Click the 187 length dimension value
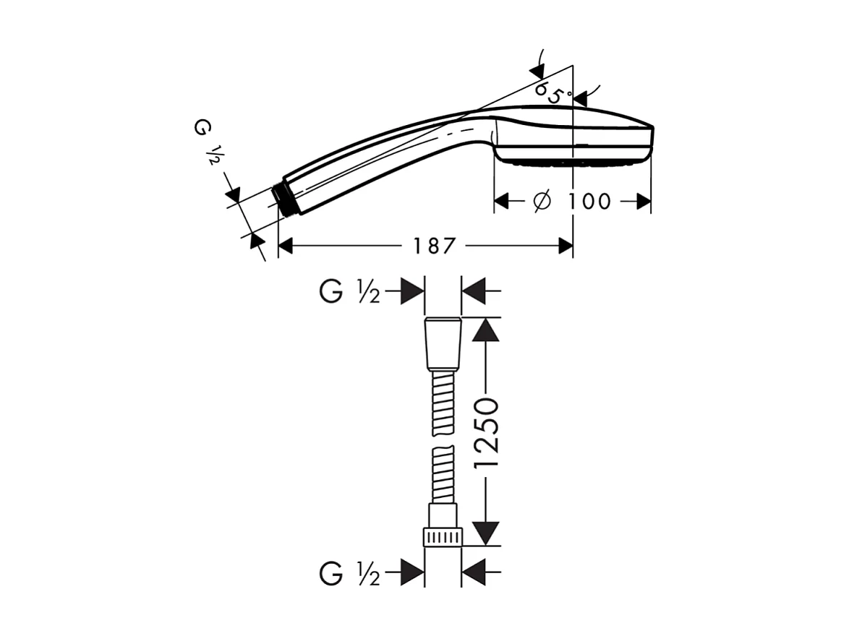435,246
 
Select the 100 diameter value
589,202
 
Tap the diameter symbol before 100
542,202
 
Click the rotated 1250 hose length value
487,432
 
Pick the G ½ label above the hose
349,293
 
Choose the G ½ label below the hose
349,575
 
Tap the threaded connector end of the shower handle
287,200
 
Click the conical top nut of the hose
443,343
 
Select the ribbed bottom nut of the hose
443,537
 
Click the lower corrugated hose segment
443,475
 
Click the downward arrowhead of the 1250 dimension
487,533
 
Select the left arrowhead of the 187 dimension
286,246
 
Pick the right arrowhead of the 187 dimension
566,246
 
